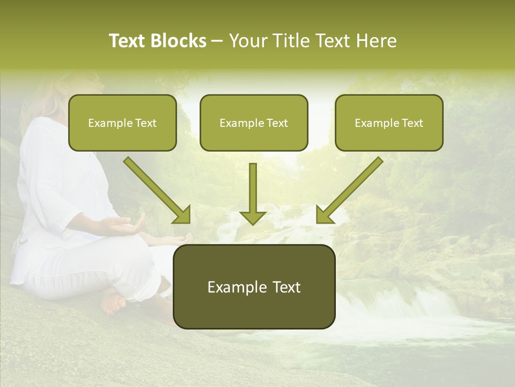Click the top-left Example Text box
[122, 123]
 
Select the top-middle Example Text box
[254, 123]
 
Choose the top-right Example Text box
[389, 123]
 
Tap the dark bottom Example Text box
[254, 286]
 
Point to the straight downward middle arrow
[253, 193]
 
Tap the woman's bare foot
[113, 302]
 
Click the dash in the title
[217, 41]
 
